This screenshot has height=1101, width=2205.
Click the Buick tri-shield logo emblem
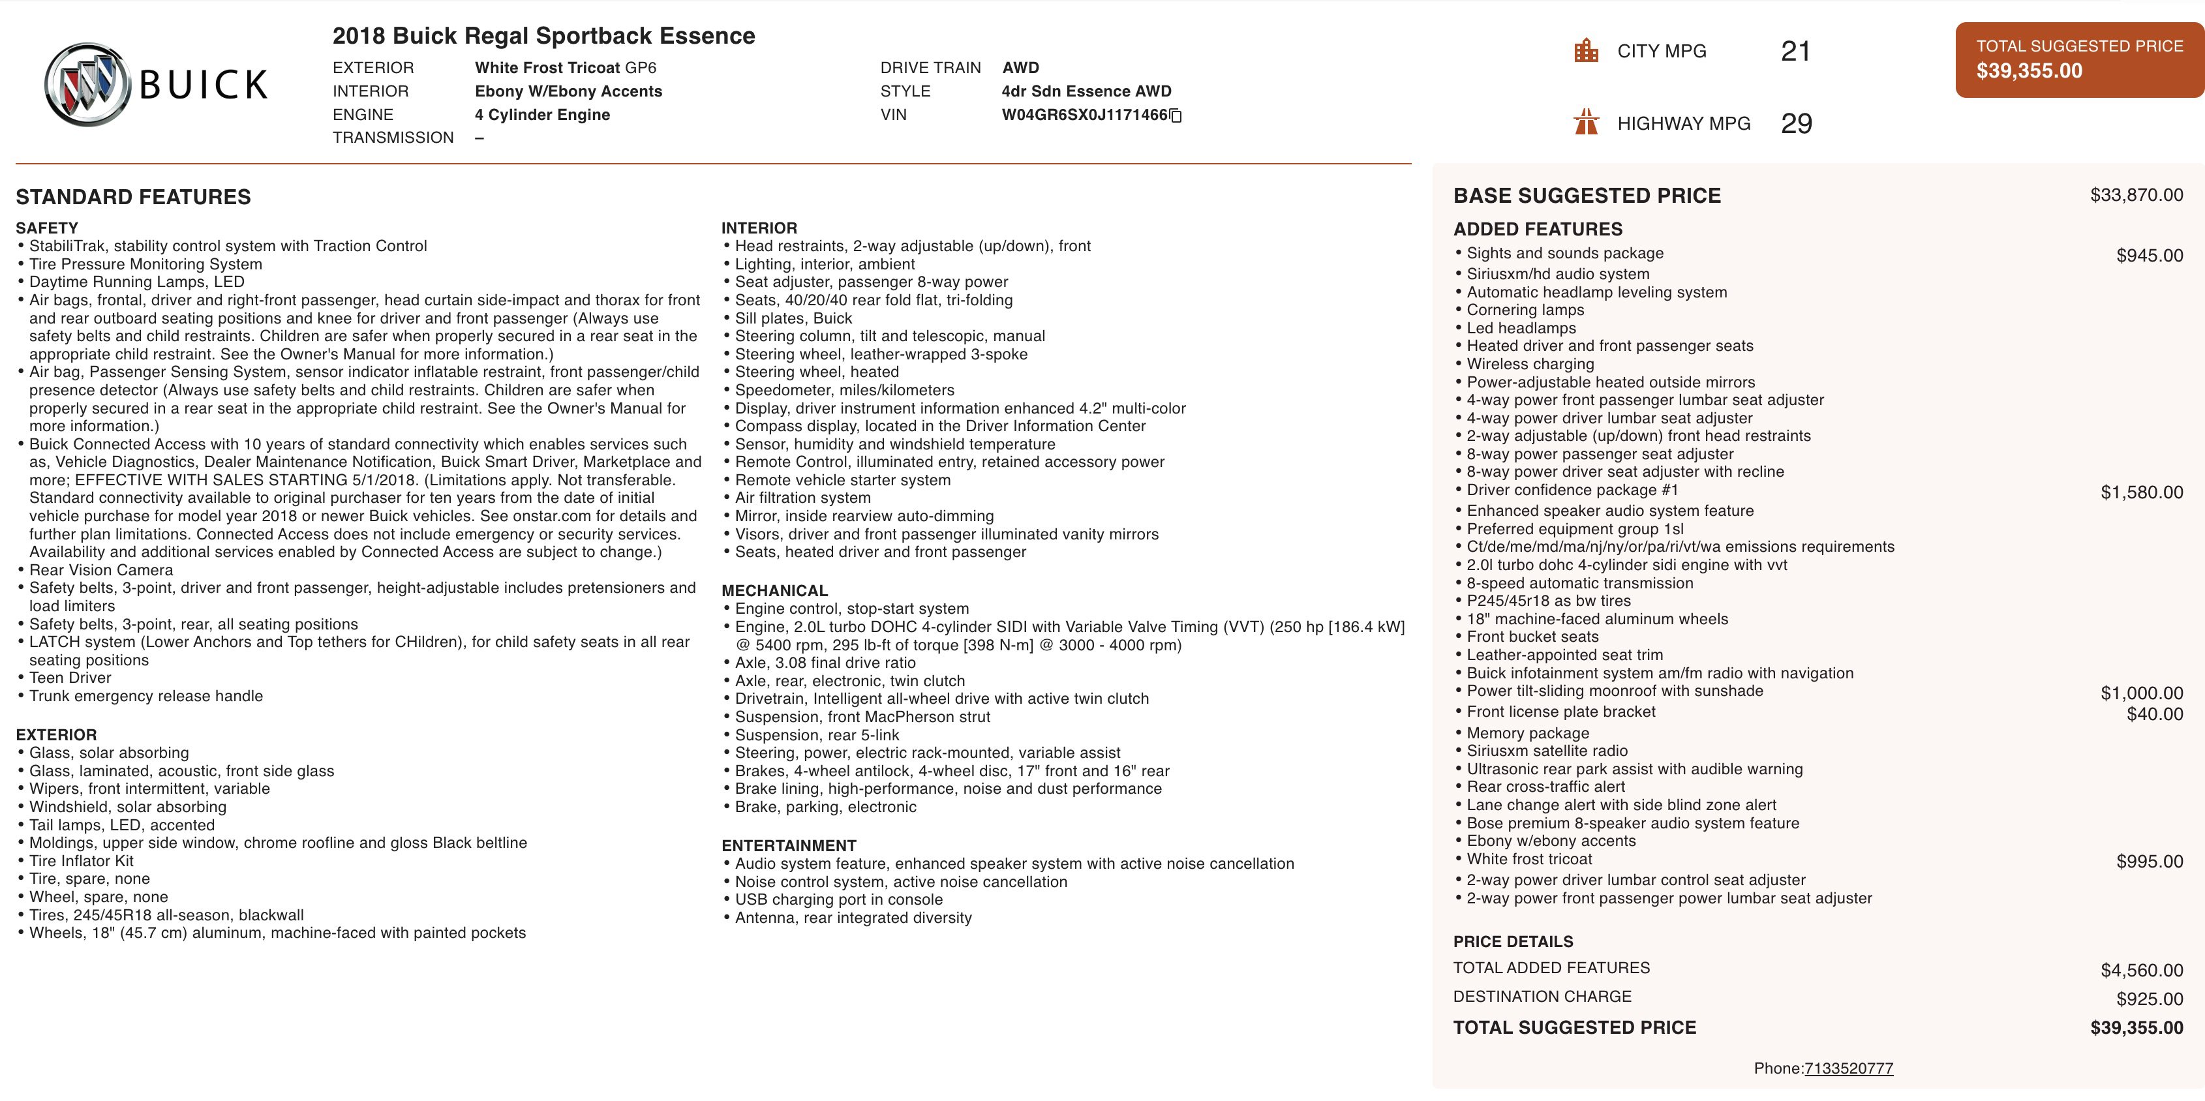point(87,85)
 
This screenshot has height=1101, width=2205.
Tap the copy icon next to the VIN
point(1176,115)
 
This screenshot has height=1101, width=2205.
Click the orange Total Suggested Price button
point(2078,59)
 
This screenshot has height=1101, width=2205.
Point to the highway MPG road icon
point(1586,123)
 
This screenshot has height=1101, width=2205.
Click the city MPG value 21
point(1795,52)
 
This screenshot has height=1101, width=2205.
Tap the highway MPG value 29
point(1796,123)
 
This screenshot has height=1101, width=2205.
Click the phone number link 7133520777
point(1848,1068)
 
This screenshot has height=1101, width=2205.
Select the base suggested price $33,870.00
point(2136,194)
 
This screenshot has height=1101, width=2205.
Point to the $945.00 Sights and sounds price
point(2150,255)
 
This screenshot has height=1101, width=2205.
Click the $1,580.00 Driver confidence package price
point(2141,492)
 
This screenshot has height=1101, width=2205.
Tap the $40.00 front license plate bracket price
point(2155,714)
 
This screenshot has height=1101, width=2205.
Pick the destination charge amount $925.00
point(2150,998)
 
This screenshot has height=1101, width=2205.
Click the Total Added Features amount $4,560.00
point(2141,970)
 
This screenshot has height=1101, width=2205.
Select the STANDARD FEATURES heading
point(134,197)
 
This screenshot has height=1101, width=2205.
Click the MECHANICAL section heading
point(774,591)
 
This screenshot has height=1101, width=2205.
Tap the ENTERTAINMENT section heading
point(788,845)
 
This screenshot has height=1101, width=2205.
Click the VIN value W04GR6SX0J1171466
point(1084,115)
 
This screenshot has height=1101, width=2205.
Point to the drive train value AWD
point(1020,68)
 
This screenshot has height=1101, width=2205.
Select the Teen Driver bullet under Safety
point(70,677)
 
